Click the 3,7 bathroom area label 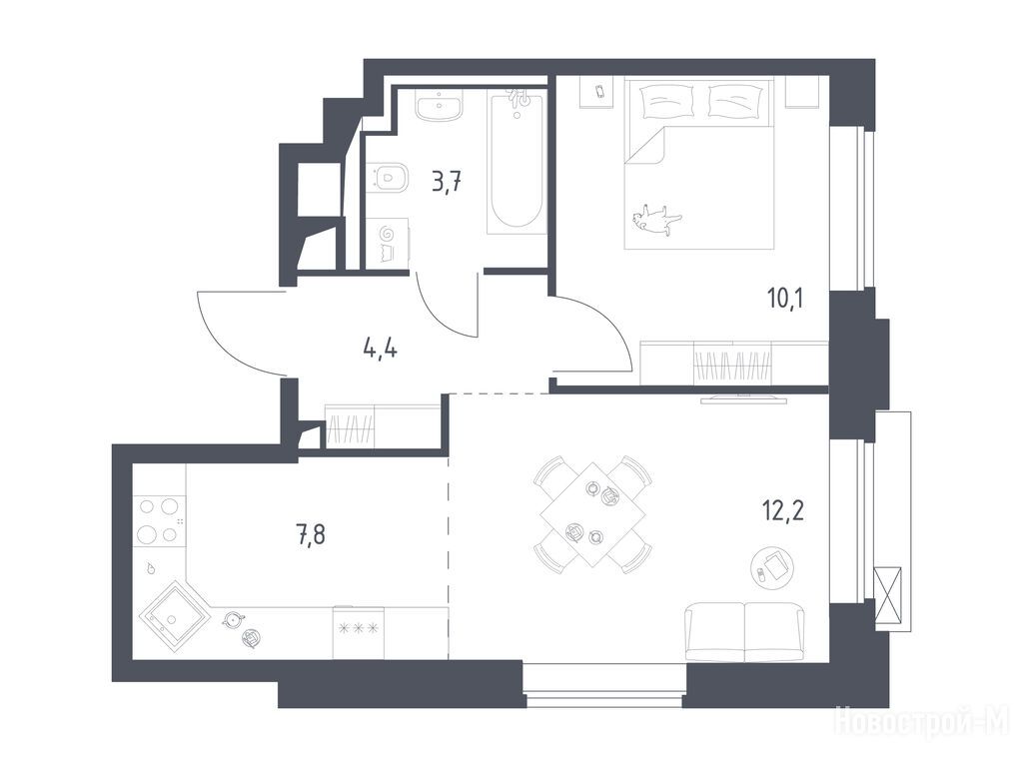coord(448,182)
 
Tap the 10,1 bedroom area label coord(785,299)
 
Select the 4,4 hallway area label coord(381,350)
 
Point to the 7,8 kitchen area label coord(310,535)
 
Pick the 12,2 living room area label coord(783,510)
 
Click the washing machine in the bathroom coord(387,243)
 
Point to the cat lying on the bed coord(655,218)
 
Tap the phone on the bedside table coord(600,91)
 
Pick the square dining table coord(593,514)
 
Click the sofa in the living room coord(744,631)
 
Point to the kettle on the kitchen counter coord(232,619)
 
